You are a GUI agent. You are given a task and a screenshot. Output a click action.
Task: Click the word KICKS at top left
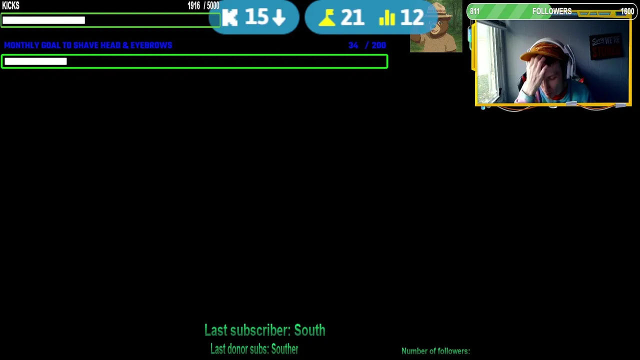pos(10,6)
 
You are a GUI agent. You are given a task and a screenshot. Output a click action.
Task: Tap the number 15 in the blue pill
pos(256,17)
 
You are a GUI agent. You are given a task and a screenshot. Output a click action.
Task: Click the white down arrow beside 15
pos(279,18)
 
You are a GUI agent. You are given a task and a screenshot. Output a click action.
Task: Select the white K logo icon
pos(230,18)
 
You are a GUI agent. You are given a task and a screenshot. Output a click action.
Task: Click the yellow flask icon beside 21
pos(327,18)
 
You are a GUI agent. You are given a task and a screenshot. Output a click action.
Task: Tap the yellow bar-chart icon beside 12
pos(387,18)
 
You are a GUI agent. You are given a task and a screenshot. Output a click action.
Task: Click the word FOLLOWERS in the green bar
pos(551,11)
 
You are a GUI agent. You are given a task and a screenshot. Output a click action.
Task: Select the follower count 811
pos(474,11)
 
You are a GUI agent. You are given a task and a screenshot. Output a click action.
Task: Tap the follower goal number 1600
pos(627,11)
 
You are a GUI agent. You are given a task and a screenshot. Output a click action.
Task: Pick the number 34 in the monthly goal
pos(353,45)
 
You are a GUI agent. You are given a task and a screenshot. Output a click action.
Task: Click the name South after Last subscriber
pos(309,330)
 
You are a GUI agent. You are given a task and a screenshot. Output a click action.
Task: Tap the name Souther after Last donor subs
pos(284,349)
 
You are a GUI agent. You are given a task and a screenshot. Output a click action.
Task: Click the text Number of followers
pos(435,351)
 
